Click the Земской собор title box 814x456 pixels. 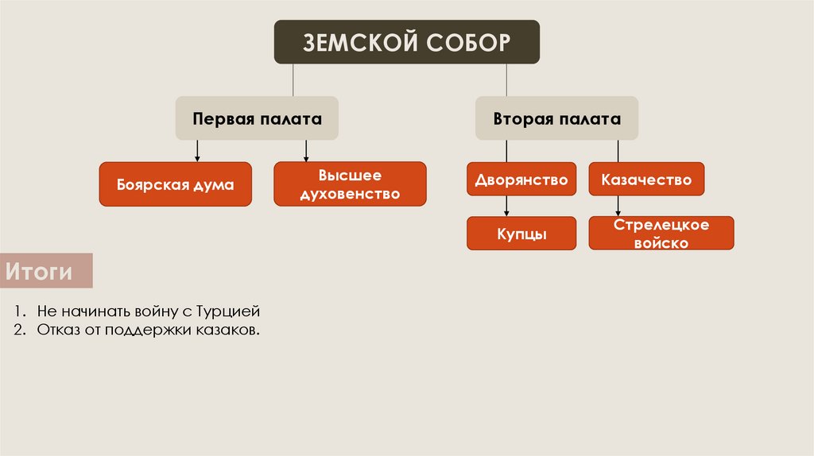407,42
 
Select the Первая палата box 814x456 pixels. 257,118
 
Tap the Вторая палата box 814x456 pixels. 556,118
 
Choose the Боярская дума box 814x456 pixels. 175,184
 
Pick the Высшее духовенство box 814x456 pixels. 350,184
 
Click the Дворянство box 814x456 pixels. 521,180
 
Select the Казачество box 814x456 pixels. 646,180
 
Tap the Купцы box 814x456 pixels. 521,234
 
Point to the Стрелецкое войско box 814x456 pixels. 661,234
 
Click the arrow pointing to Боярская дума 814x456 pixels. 197,151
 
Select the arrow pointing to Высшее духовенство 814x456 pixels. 306,151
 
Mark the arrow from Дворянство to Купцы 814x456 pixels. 507,206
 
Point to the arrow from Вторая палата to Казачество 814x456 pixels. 618,151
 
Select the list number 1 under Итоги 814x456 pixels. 18,311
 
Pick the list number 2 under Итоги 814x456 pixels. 18,329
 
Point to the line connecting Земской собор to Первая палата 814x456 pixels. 294,80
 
